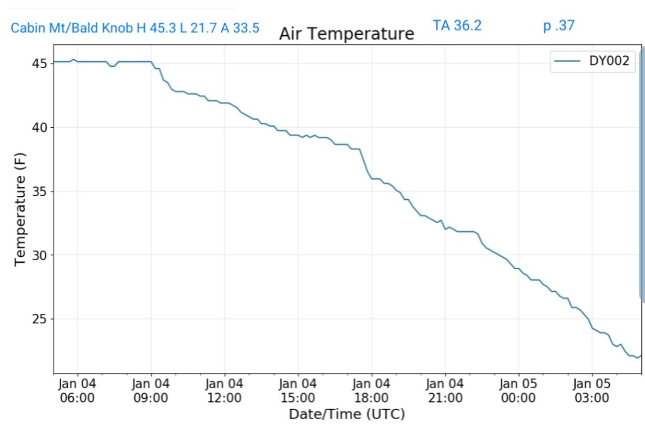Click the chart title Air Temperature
point(346,33)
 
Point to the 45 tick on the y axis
point(40,64)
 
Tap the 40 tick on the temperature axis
point(40,127)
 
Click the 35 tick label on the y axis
point(40,192)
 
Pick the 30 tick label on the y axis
point(40,255)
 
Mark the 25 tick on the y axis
point(40,319)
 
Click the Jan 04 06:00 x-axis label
point(77,390)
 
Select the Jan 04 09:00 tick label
point(151,390)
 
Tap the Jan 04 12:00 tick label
point(224,390)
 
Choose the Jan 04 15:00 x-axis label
point(298,390)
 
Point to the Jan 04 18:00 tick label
point(372,390)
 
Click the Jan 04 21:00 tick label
point(445,390)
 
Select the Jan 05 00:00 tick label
point(518,390)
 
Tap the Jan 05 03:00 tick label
point(592,390)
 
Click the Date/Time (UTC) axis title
point(346,414)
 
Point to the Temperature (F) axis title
point(20,209)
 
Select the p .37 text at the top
point(559,26)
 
